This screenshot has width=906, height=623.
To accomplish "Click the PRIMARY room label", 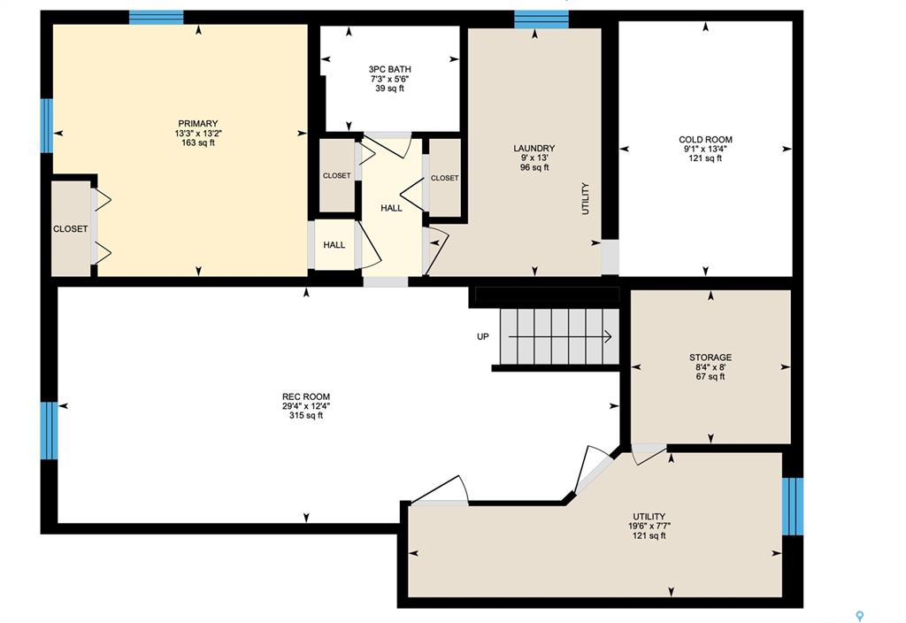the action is click(198, 124).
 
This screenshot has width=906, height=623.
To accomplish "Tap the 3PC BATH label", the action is click(390, 69).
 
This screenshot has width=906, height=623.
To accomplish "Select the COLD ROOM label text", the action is click(705, 140).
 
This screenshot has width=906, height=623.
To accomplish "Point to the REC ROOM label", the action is click(306, 397).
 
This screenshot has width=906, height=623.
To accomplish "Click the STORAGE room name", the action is click(710, 358).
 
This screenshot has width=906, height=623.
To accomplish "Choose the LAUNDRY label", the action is click(534, 149).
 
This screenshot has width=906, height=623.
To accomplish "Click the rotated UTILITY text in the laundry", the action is click(586, 199).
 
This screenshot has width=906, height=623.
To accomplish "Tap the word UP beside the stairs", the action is click(483, 337).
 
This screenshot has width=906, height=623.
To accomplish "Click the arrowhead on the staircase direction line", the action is click(609, 336).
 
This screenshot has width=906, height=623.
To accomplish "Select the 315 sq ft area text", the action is click(306, 416).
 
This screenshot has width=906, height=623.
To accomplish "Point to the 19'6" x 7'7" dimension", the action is click(649, 527).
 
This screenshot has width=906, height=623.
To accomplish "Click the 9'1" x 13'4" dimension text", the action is click(705, 149).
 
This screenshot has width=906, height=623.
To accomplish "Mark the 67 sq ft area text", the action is click(710, 377).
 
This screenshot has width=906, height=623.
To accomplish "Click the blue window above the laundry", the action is click(541, 19).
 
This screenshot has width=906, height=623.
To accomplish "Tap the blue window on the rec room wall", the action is click(50, 431).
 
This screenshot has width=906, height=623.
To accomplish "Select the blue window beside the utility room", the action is click(793, 506).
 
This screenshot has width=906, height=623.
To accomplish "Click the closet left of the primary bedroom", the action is click(71, 229).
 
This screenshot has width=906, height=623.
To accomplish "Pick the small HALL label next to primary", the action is click(334, 245).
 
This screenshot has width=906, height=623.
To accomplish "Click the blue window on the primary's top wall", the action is click(156, 18).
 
